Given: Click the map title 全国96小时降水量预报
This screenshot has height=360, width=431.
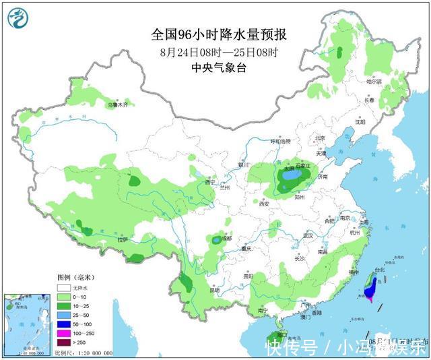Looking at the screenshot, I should tap(215, 34).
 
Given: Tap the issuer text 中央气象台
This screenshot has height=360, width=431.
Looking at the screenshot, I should tap(215, 67).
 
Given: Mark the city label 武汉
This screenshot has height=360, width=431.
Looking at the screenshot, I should tap(309, 235).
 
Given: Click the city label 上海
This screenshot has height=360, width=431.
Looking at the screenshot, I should tap(364, 222).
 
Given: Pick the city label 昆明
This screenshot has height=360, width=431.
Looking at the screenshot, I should tap(214, 290).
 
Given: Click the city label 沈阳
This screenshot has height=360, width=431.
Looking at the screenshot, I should tap(361, 122).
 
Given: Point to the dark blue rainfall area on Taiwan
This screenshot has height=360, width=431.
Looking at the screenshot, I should tap(370, 291).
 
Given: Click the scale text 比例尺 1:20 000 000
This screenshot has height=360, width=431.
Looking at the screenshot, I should tap(84, 353).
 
